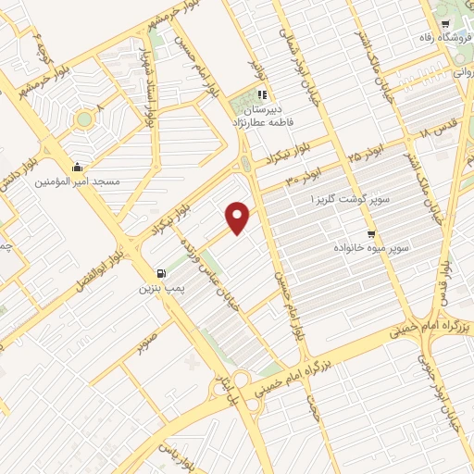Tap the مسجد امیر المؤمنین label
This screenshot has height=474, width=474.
pos(84,181)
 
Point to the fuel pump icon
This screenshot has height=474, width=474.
pos(163,274)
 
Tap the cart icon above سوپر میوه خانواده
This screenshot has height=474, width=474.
pos(371,233)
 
